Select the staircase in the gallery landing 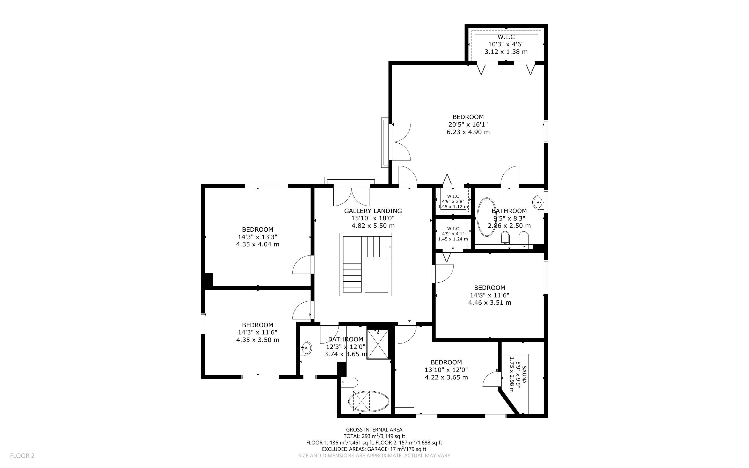tap(366, 264)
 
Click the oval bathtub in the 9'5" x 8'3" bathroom tap(487, 217)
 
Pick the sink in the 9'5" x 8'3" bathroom tap(539, 202)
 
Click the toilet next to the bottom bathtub tap(349, 382)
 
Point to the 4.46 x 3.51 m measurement tap(490, 302)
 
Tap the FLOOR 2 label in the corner tap(22, 456)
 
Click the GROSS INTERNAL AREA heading tap(374, 430)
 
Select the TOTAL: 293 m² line tap(374, 436)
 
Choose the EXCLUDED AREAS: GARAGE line tap(374, 449)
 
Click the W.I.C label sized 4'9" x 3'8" tap(453, 196)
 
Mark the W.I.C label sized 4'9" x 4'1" tap(453, 229)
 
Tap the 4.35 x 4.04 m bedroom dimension tap(258, 244)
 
